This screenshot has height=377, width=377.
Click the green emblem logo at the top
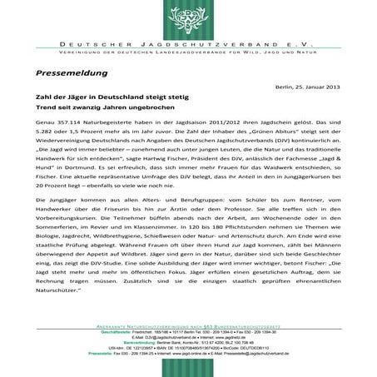click(x=188, y=17)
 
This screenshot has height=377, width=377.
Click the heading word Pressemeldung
click(x=74, y=73)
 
